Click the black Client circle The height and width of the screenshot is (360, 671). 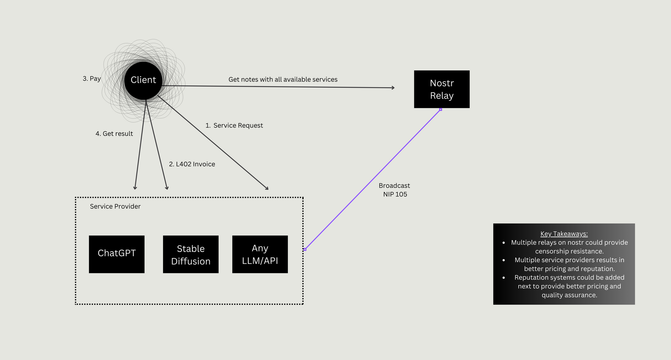tap(143, 80)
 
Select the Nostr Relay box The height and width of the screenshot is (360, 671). tap(442, 89)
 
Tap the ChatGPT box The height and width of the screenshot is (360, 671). tap(116, 254)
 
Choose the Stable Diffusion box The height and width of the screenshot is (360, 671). tap(191, 254)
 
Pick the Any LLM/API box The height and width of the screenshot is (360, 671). tap(260, 254)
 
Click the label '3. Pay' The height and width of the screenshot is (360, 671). tap(92, 79)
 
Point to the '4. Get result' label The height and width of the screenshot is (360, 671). tap(114, 134)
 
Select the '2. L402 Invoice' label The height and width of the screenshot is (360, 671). tap(192, 164)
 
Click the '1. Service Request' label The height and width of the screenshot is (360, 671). tap(234, 125)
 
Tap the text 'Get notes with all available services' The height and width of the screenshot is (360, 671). tap(283, 80)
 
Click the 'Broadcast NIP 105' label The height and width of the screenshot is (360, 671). tap(395, 190)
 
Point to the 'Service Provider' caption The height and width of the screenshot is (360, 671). tap(115, 206)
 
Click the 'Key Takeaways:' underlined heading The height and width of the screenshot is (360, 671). tap(564, 234)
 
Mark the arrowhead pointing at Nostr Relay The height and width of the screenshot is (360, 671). tap(393, 88)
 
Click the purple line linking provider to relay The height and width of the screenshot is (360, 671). tap(372, 180)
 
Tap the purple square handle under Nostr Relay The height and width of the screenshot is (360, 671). tap(441, 109)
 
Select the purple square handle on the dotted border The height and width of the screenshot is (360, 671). tap(305, 249)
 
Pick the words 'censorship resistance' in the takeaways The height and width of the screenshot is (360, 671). tap(569, 251)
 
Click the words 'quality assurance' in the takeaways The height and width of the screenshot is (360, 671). tap(569, 295)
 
